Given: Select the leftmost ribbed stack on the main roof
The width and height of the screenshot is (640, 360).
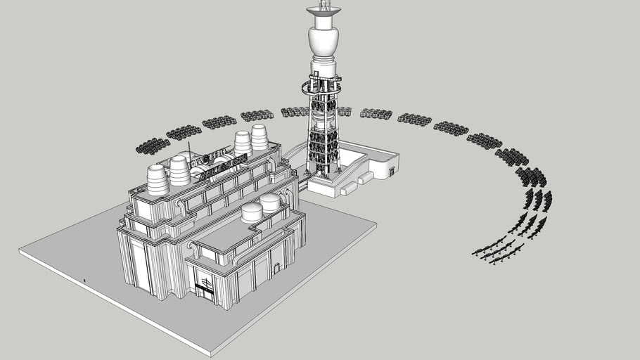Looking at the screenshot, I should [158, 180].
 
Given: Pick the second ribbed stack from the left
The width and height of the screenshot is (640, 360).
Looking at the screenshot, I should [179, 170].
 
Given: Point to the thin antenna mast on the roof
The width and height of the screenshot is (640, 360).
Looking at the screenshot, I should [188, 153].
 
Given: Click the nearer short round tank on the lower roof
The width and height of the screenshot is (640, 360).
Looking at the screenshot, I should [252, 212].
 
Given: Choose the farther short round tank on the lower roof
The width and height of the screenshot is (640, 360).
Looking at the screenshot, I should [270, 202].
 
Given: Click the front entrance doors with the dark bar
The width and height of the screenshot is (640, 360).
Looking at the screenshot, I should [205, 288].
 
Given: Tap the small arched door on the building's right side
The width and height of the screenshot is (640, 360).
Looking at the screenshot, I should [277, 268].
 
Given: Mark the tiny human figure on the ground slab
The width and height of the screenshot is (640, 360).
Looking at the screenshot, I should [84, 281].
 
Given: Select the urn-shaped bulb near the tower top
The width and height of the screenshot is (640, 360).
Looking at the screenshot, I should [324, 41].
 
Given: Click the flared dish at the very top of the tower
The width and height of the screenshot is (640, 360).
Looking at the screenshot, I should [324, 11].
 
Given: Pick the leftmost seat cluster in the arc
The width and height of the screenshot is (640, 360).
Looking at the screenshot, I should [152, 146].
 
